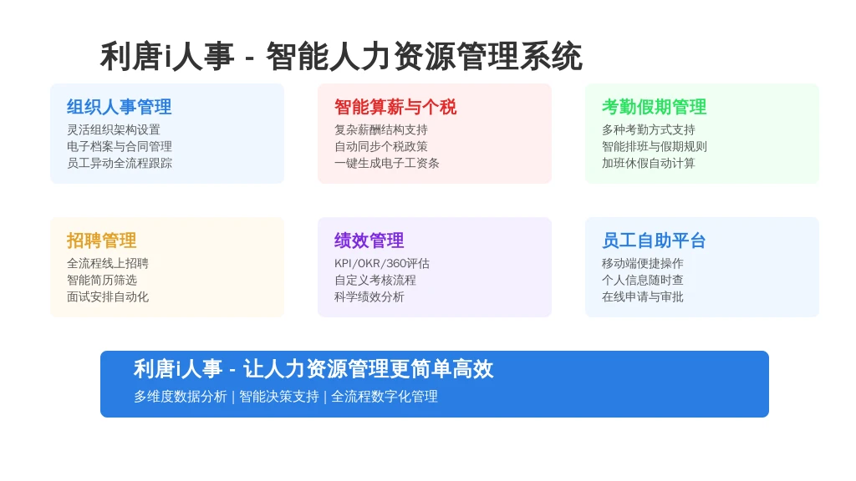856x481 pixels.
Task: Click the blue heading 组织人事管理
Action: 119,107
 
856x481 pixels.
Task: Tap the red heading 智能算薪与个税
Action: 395,107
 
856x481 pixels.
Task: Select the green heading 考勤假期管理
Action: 654,107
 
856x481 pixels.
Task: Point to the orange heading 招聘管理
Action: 101,240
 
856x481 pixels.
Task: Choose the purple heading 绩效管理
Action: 369,240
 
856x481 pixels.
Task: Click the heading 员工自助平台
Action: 654,240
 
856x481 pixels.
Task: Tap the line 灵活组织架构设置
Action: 114,129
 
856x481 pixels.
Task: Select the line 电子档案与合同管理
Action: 120,147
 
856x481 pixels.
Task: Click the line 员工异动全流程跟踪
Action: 120,163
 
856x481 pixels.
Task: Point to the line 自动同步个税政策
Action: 381,147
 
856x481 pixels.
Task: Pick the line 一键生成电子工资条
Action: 387,163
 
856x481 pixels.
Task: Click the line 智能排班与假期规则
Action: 655,147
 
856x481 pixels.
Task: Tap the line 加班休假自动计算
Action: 649,163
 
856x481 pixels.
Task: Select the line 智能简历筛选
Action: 102,281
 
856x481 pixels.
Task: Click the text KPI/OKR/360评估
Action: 382,263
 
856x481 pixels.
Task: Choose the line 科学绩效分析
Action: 369,296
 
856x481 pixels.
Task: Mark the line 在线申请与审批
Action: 643,296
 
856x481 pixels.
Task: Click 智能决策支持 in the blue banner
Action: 279,397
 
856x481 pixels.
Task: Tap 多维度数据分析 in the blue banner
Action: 181,397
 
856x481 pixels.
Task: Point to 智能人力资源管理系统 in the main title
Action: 424,56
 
